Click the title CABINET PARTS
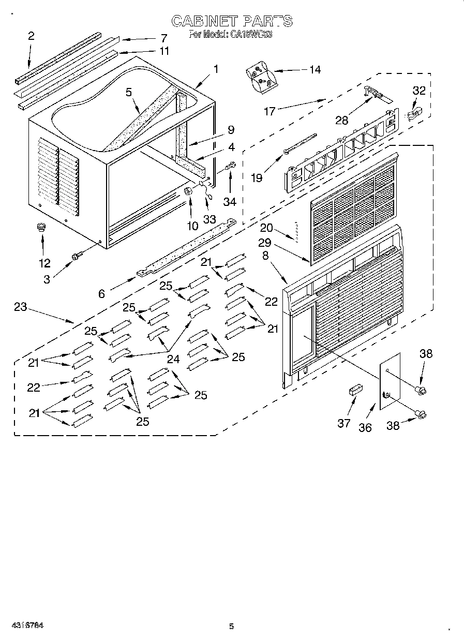point(232,21)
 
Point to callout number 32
point(418,91)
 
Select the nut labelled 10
point(188,191)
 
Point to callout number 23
point(20,306)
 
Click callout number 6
point(101,293)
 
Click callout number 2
point(31,36)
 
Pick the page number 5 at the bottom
point(232,627)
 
